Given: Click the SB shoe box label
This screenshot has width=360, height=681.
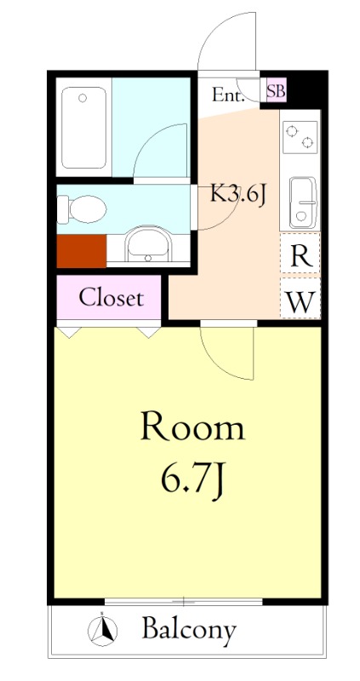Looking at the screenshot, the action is [x=277, y=93].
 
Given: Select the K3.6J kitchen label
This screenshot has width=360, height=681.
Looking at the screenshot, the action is [x=238, y=195].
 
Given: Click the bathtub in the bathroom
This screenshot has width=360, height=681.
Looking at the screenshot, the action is [x=83, y=127].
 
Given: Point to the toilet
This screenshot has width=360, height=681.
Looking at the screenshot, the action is [x=82, y=209].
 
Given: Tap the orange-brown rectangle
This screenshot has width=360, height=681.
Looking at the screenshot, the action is [x=82, y=251].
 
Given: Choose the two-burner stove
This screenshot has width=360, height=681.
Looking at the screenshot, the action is [x=300, y=137].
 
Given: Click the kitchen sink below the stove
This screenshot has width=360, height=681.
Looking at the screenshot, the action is [x=303, y=203].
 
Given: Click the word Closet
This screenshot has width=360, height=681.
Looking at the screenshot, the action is [x=111, y=299].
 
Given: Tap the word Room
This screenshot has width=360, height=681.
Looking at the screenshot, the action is [x=192, y=427].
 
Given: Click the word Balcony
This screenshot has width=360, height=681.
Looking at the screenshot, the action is [x=189, y=630].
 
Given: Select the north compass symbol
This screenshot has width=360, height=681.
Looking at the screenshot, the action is [x=102, y=630].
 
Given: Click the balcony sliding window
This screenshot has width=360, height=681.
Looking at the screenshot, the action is [x=184, y=602].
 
